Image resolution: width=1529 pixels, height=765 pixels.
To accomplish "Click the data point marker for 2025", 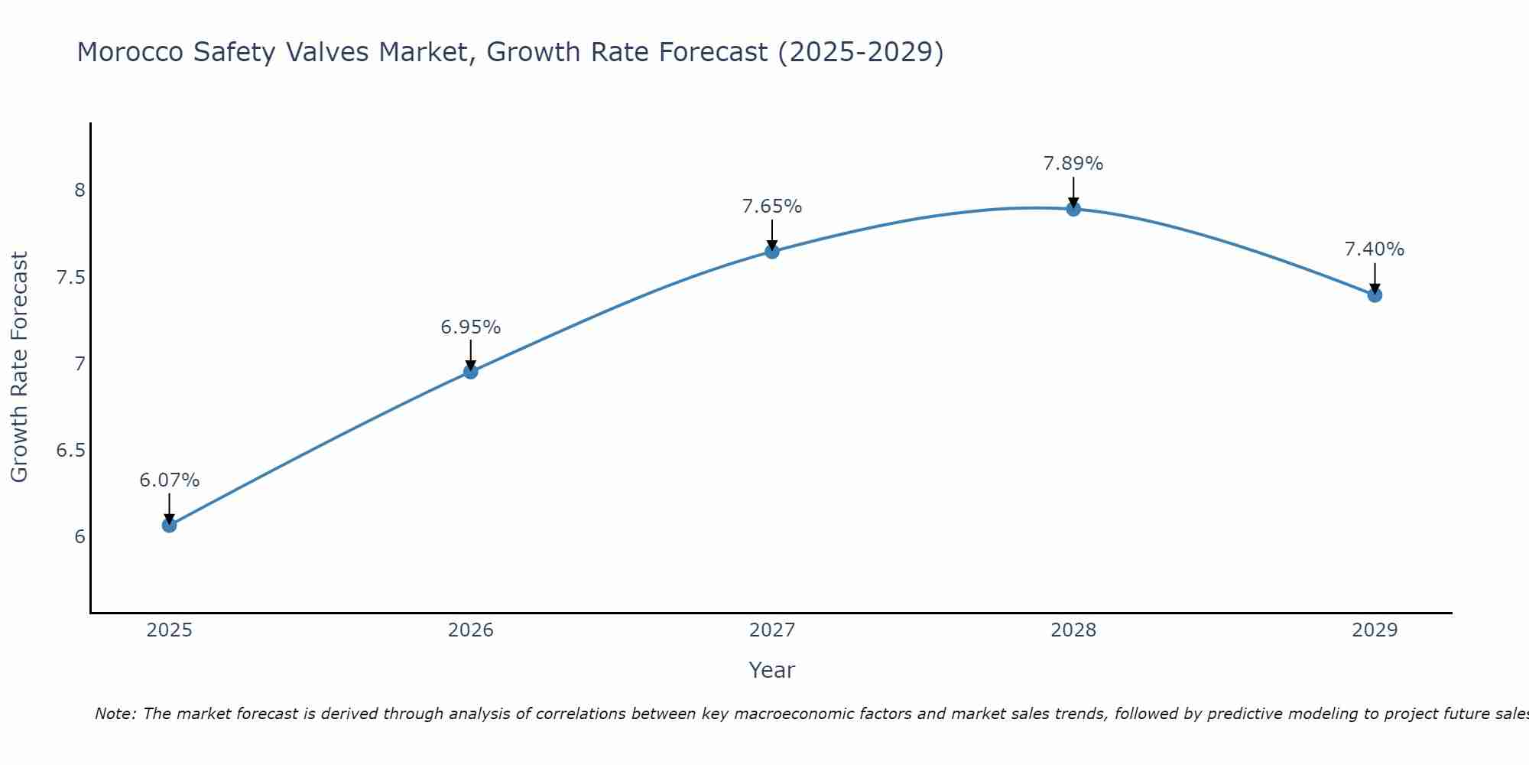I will coord(169,525).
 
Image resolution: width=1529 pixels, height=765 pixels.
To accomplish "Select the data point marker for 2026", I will coord(470,372).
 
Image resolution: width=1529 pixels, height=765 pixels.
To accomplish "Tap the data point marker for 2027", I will coord(772,251).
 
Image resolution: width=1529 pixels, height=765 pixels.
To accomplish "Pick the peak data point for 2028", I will coord(1073,209).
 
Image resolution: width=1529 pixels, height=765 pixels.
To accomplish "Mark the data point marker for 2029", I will coord(1375,295).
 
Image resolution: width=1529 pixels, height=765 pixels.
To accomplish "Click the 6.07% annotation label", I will coord(169,480).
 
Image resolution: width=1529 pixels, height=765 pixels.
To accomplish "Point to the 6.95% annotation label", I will coord(470,327).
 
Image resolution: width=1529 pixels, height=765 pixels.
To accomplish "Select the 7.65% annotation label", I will coord(772,207).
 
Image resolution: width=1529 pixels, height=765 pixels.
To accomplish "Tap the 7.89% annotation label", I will coord(1073,164).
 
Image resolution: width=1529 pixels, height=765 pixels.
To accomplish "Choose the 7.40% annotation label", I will coord(1375,249).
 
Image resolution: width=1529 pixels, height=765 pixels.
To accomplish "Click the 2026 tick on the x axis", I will coord(470,630).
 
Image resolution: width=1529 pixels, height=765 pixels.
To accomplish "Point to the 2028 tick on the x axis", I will coord(1073,630).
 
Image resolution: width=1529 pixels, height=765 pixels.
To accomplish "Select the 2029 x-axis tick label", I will coord(1375,630).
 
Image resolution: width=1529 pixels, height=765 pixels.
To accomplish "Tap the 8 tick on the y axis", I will coord(80,190).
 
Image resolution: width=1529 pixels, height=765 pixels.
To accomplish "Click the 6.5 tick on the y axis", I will coord(71,450).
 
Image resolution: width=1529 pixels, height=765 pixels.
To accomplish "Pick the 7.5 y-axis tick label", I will coord(71,277).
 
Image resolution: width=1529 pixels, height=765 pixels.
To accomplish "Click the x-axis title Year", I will coord(772,670).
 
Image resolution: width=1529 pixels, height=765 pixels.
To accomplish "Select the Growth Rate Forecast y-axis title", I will coord(19,366).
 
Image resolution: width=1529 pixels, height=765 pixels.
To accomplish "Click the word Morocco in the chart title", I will coord(130,52).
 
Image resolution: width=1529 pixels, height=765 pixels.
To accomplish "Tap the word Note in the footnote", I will coord(115,714).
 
